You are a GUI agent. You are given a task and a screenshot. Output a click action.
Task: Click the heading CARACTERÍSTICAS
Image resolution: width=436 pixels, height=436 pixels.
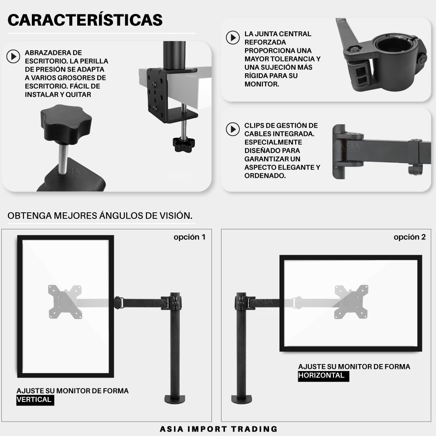point(85,20)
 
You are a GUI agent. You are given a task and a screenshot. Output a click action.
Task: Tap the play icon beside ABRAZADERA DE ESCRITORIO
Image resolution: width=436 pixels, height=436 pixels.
point(14,56)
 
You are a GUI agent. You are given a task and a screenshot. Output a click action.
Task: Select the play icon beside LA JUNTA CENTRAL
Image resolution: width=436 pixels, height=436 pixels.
point(233,37)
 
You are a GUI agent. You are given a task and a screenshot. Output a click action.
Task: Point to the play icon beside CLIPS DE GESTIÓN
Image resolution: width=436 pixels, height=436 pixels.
point(233,129)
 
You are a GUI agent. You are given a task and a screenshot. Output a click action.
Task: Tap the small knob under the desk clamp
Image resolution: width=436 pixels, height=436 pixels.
point(184,144)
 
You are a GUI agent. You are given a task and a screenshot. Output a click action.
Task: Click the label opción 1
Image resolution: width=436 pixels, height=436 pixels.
point(189,237)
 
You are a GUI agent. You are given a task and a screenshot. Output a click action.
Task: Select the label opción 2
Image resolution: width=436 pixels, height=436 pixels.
point(409,237)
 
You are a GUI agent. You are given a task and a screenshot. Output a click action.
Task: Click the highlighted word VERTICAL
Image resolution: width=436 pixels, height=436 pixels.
point(35,400)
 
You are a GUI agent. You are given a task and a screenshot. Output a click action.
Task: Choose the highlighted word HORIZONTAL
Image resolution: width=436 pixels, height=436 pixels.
point(324,376)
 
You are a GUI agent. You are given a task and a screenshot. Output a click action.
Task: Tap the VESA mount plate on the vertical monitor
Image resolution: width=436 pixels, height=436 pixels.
point(65,302)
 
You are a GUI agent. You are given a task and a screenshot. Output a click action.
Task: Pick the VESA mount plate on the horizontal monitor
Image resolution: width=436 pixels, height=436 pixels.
point(351,302)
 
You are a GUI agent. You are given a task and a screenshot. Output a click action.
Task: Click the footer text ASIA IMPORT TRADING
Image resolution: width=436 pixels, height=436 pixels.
point(218,429)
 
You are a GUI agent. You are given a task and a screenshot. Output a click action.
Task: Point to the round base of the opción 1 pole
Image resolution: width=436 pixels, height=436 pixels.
point(175,399)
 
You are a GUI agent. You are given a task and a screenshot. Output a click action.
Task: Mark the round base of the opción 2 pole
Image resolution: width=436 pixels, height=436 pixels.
point(242,399)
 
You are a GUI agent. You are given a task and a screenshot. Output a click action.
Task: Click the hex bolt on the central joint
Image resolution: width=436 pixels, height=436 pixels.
point(354,49)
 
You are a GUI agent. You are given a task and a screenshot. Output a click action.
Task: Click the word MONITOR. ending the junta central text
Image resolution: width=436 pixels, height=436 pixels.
point(262,84)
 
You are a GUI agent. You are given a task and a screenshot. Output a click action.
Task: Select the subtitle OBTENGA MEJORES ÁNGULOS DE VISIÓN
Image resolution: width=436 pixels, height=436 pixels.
point(100,215)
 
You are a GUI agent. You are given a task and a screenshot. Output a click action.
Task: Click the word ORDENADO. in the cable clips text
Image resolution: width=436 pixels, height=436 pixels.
point(265,176)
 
